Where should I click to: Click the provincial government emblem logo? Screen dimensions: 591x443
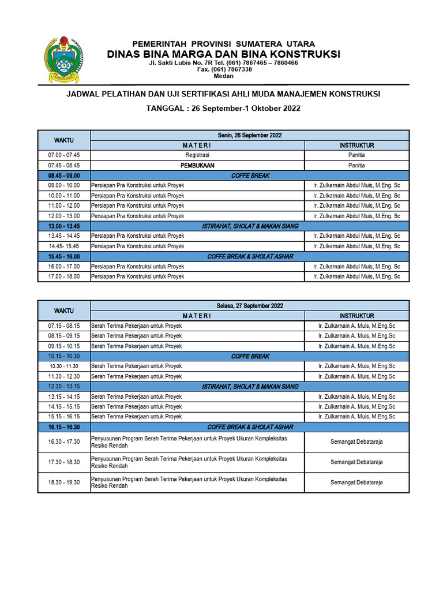pyautogui.click(x=60, y=60)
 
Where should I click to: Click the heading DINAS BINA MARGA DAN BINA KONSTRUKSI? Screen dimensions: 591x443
pyautogui.click(x=223, y=54)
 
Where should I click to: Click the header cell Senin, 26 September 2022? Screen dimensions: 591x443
pyautogui.click(x=250, y=135)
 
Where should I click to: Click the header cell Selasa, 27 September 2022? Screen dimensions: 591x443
pyautogui.click(x=250, y=305)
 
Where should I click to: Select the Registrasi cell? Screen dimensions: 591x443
pyautogui.click(x=197, y=155)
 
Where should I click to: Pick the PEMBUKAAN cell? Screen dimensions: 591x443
pyautogui.click(x=197, y=165)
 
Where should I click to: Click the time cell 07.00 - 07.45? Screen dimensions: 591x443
pyautogui.click(x=64, y=155)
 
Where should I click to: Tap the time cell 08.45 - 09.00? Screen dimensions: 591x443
pyautogui.click(x=64, y=175)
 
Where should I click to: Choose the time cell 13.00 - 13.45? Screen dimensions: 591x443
pyautogui.click(x=64, y=226)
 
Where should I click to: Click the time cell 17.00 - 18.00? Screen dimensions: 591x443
pyautogui.click(x=64, y=276)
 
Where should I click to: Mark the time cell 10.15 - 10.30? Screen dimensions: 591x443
pyautogui.click(x=64, y=356)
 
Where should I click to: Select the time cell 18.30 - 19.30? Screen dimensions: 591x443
pyautogui.click(x=64, y=482)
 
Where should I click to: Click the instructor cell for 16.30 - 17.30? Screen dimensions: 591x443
pyautogui.click(x=356, y=442)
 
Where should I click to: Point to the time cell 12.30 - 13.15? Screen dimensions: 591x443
pyautogui.click(x=64, y=387)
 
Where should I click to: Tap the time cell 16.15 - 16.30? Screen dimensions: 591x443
pyautogui.click(x=64, y=427)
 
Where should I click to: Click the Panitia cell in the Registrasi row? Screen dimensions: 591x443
pyautogui.click(x=356, y=155)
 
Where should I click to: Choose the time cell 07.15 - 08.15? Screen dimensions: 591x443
pyautogui.click(x=64, y=326)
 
